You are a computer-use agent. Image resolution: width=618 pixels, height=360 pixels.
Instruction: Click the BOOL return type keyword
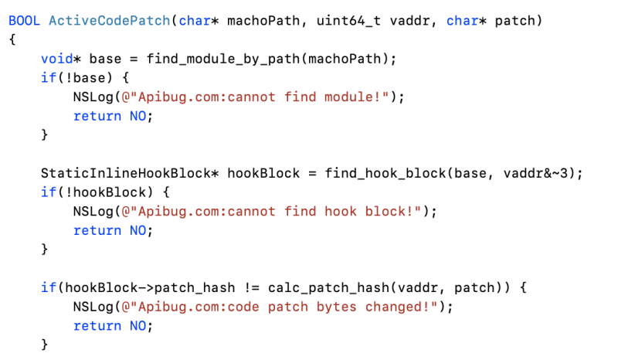click(25, 20)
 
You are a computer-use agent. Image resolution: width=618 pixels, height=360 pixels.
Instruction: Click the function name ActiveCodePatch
click(109, 20)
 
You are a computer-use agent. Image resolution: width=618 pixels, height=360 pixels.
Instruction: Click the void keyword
click(56, 59)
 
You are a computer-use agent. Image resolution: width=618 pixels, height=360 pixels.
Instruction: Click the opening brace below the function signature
click(12, 39)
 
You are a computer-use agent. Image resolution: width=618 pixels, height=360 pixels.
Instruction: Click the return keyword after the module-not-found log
click(97, 116)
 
